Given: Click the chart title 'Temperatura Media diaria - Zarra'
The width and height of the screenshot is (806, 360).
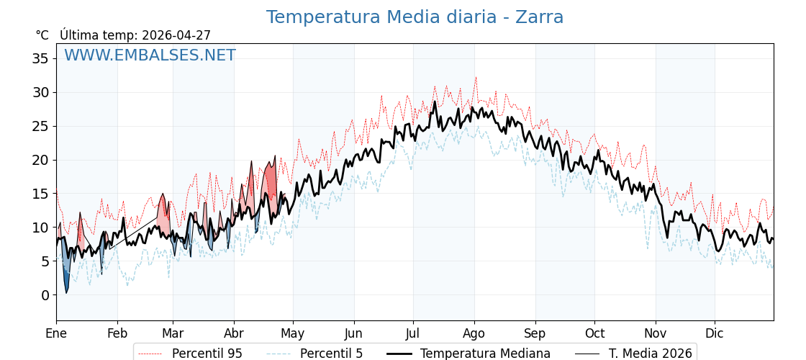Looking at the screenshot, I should point(415,17).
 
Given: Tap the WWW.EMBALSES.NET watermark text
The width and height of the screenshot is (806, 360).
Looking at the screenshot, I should point(150,55).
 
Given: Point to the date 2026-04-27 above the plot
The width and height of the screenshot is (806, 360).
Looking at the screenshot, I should point(176,35).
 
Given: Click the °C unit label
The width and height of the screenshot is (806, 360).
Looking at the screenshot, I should point(42,35).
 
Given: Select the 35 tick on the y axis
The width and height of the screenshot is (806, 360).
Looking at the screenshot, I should point(40,58).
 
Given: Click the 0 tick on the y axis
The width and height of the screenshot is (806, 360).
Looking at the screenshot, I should point(45,295).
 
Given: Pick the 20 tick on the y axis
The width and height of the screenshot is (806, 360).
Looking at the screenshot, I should point(40,160).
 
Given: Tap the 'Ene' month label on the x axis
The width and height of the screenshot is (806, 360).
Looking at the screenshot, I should point(56,334).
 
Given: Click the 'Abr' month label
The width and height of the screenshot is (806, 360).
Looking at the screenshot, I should point(234,334).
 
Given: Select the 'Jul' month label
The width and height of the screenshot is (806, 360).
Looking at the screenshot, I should point(413,334).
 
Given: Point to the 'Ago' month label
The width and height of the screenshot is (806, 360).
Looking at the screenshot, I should point(474,334).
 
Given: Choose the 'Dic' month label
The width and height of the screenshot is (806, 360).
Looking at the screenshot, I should point(715,334).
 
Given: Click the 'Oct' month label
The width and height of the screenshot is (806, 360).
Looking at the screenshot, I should point(594,334).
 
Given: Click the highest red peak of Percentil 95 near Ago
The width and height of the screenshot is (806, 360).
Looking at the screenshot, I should point(476,78).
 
